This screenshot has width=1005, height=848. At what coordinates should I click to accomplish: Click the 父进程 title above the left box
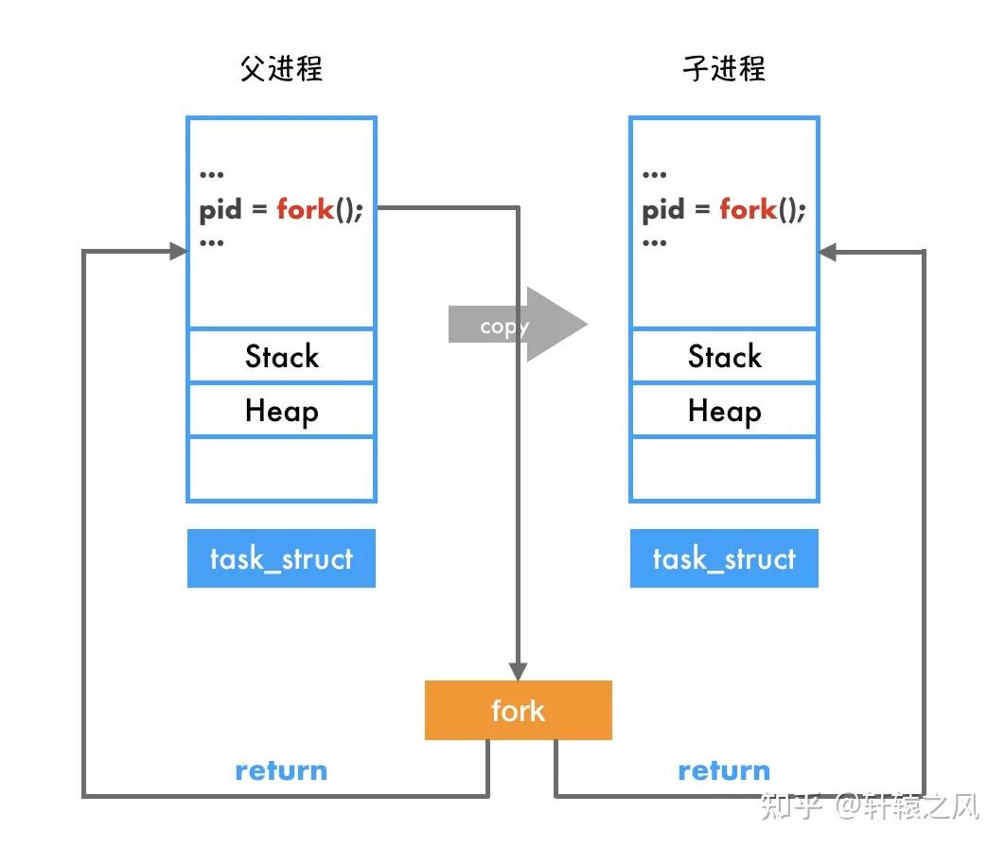(281, 69)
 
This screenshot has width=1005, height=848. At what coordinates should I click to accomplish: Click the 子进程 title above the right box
(724, 69)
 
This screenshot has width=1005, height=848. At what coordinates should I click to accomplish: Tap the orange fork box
(518, 710)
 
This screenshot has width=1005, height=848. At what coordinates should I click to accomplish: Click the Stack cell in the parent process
(281, 356)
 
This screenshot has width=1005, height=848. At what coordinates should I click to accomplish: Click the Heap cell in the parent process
(281, 411)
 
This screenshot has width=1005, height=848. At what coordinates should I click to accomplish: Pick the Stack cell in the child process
(724, 356)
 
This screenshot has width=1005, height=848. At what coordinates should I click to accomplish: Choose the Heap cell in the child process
(724, 411)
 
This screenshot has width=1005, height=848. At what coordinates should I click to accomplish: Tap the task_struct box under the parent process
(281, 558)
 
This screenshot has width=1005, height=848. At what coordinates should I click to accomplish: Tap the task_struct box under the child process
(724, 558)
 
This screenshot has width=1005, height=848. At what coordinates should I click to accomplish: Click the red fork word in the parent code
(305, 208)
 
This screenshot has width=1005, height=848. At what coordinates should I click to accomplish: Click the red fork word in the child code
(748, 208)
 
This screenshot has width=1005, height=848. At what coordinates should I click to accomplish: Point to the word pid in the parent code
(220, 210)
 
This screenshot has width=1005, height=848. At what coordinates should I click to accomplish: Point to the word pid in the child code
(663, 210)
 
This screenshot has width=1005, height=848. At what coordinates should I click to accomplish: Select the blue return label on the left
(281, 770)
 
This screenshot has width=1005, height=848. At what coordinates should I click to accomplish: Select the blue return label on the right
(724, 770)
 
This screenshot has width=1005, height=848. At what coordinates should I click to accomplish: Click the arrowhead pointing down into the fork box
(518, 671)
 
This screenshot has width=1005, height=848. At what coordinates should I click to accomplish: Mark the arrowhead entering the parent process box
(177, 251)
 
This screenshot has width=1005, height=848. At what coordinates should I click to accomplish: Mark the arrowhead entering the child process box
(828, 252)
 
